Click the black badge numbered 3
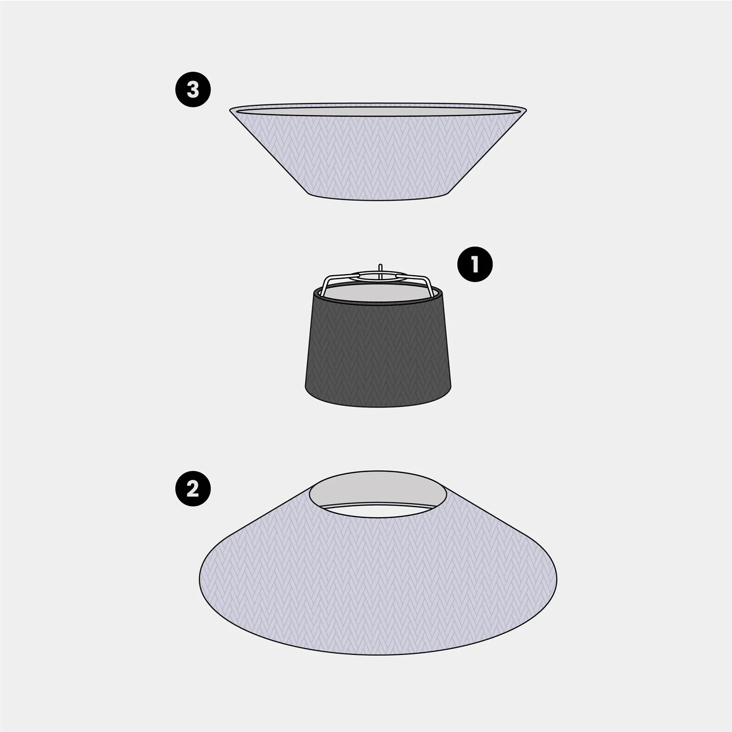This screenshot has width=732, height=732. point(193,90)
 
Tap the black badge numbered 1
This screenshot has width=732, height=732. point(475,265)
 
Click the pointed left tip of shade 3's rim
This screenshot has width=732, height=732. point(230,109)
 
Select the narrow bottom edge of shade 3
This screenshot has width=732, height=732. point(378,198)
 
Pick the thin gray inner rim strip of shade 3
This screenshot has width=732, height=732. point(378,112)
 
